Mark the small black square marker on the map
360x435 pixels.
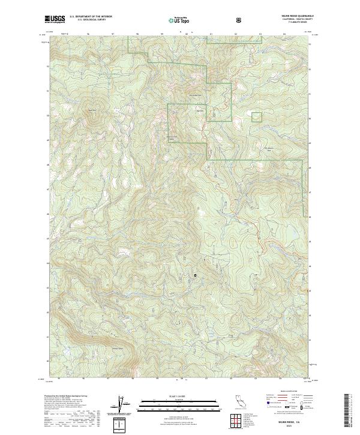pos(195,275)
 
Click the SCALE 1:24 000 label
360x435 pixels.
pos(170,395)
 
